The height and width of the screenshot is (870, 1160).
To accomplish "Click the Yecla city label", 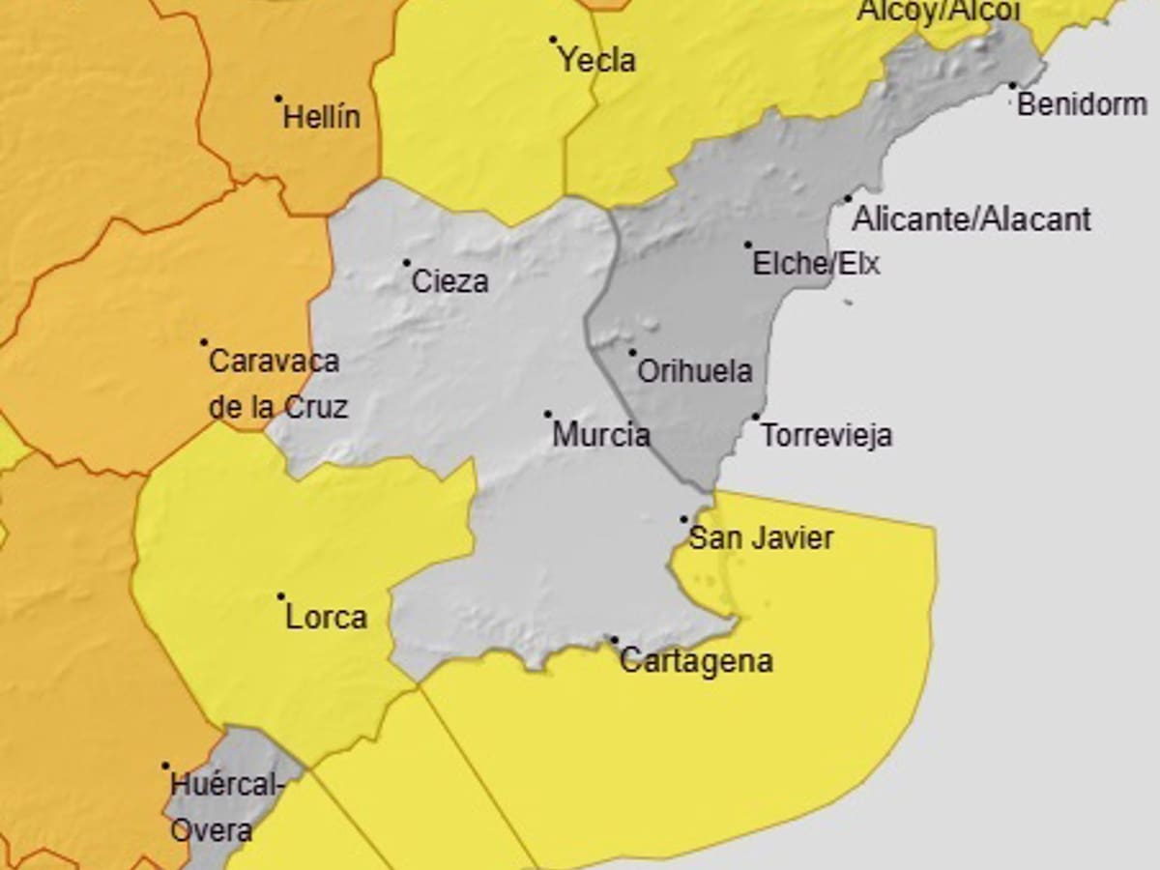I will pyautogui.click(x=597, y=61).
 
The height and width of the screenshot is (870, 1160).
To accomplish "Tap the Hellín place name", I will pyautogui.click(x=321, y=118).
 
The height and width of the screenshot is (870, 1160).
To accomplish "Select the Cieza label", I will pyautogui.click(x=449, y=282).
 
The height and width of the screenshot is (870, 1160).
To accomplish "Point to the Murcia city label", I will pyautogui.click(x=600, y=435).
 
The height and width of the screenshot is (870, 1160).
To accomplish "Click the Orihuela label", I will pyautogui.click(x=694, y=371).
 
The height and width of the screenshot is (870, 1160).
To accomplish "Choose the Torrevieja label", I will pyautogui.click(x=826, y=436).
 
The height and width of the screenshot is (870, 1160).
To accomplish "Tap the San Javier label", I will pyautogui.click(x=761, y=538).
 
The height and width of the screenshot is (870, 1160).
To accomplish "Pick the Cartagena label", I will pyautogui.click(x=696, y=662).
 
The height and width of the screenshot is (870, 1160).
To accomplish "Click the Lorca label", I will pyautogui.click(x=327, y=618).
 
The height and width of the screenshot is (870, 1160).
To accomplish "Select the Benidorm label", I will pyautogui.click(x=1082, y=104).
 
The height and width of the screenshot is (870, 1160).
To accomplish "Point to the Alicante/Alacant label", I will pyautogui.click(x=971, y=219).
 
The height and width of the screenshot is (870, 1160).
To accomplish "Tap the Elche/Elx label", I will pyautogui.click(x=817, y=264).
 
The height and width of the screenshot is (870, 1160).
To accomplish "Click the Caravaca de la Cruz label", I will pyautogui.click(x=276, y=384).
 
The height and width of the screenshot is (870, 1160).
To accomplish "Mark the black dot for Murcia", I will pyautogui.click(x=547, y=414).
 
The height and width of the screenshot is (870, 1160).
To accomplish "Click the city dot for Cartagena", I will pyautogui.click(x=614, y=640).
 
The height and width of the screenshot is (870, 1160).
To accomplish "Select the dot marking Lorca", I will pyautogui.click(x=281, y=596).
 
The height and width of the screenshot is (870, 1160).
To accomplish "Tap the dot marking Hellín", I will pyautogui.click(x=278, y=98).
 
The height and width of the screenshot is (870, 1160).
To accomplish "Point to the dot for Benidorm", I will pyautogui.click(x=1012, y=85).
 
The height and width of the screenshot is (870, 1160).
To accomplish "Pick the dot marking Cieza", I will pyautogui.click(x=407, y=262).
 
